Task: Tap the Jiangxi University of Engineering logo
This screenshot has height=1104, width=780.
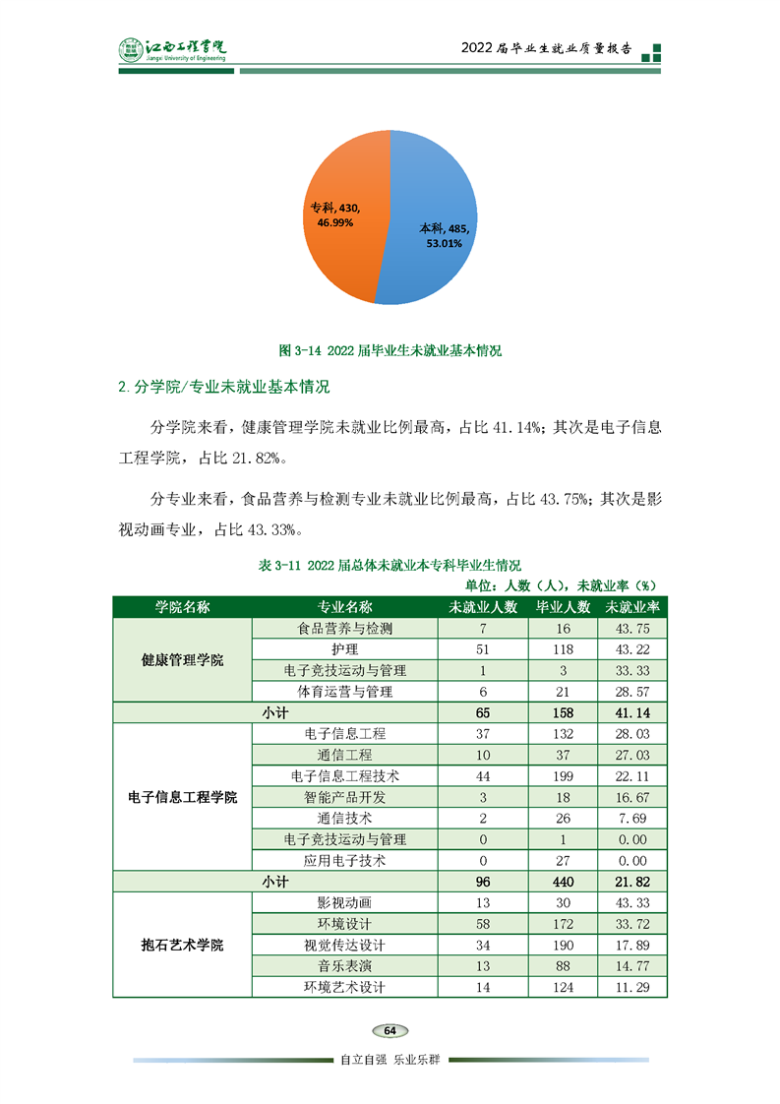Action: (171, 50)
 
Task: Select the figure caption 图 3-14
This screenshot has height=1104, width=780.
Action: (390, 350)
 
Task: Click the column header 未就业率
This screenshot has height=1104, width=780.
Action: (632, 607)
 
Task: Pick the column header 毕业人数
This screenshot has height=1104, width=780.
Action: (563, 607)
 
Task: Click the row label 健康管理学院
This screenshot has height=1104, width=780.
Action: (182, 660)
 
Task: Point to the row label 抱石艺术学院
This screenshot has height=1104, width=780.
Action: (182, 946)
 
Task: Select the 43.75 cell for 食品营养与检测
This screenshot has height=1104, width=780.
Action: (632, 629)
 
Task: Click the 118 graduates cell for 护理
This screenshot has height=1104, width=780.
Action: (563, 649)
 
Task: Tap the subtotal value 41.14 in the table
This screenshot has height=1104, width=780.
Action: (632, 712)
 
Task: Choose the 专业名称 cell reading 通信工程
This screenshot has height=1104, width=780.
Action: (344, 755)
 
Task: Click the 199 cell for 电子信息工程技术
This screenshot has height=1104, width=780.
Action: (563, 776)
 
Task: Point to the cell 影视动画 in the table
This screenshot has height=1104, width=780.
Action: (344, 903)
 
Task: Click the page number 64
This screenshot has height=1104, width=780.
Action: (390, 1030)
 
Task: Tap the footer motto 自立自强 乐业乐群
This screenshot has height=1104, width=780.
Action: (390, 1061)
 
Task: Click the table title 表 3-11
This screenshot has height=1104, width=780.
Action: (390, 566)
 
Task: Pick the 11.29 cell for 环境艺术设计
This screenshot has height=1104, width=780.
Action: (632, 987)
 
